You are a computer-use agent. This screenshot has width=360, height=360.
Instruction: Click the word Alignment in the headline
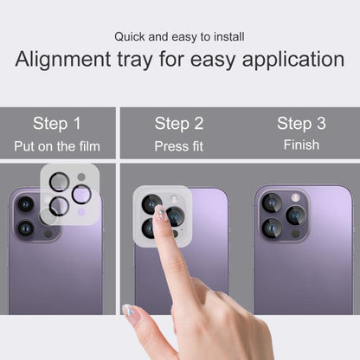[x=63, y=60]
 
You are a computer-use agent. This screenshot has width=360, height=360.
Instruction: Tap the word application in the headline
[x=293, y=60]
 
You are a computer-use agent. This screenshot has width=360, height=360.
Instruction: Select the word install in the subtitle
[x=229, y=37]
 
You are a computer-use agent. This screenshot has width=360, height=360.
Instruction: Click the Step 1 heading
[x=57, y=124]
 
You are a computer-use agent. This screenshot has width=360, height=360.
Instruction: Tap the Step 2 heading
[x=179, y=124]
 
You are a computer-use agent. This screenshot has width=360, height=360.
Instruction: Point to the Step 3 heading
[x=301, y=124]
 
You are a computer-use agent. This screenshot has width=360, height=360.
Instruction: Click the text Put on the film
[x=57, y=146]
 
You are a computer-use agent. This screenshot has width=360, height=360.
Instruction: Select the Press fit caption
[x=179, y=146]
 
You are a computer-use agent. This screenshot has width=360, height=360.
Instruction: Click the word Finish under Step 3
[x=301, y=145]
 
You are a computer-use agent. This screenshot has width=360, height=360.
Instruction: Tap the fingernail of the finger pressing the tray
[x=160, y=214]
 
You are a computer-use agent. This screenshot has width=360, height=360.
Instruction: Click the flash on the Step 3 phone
[x=295, y=197]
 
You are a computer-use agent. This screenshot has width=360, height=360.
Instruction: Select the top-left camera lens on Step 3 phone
[x=272, y=202]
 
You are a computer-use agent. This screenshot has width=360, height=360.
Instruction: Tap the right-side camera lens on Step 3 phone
[x=296, y=215]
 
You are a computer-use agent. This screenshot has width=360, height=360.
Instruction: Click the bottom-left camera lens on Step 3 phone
[x=272, y=228]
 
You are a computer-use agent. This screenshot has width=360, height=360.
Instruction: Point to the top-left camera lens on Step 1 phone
[x=26, y=204]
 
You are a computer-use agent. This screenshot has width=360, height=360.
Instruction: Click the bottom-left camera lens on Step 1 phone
[x=26, y=228]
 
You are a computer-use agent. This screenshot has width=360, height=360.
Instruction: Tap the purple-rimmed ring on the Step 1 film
[x=81, y=195]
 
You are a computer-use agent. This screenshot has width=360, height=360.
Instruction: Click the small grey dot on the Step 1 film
[x=81, y=177]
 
